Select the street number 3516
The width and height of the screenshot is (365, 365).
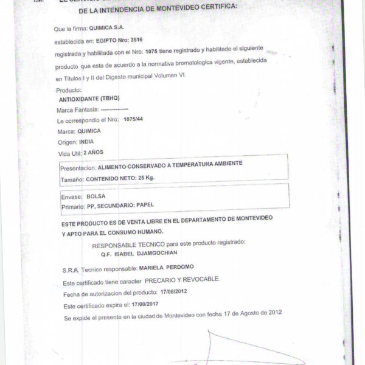coord(127,40)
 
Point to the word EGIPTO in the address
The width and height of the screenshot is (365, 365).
coord(102,40)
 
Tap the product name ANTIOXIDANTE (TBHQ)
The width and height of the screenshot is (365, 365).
coord(90,99)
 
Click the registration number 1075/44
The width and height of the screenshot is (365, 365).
coord(133,120)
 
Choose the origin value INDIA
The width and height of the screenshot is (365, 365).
coord(88,141)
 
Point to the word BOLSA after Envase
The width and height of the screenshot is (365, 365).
coord(96,196)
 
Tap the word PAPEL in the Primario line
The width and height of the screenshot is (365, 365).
coord(150,206)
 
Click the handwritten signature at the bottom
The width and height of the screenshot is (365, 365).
coord(243,350)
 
